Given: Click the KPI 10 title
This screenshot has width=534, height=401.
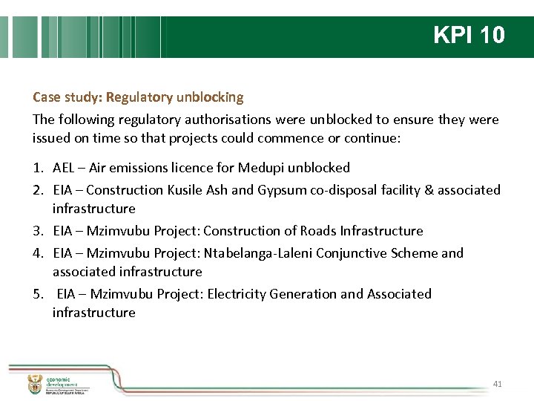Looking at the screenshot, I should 469,35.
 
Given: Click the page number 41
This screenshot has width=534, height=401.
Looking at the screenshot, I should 498,384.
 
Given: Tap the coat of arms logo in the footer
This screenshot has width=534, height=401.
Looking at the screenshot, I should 34,384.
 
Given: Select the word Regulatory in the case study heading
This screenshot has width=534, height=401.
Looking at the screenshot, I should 138,97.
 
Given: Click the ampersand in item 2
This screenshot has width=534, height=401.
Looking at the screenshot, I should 428,190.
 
